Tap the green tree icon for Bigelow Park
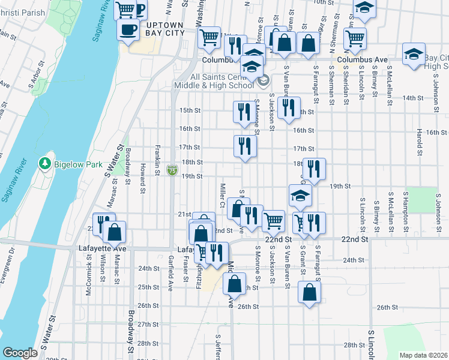click(x=44, y=163)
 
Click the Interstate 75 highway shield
click(x=172, y=171)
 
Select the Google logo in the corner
click(x=20, y=353)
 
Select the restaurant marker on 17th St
click(x=244, y=146)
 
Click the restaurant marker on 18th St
click(x=314, y=168)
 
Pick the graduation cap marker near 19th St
click(x=300, y=196)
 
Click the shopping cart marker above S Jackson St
click(x=274, y=220)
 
